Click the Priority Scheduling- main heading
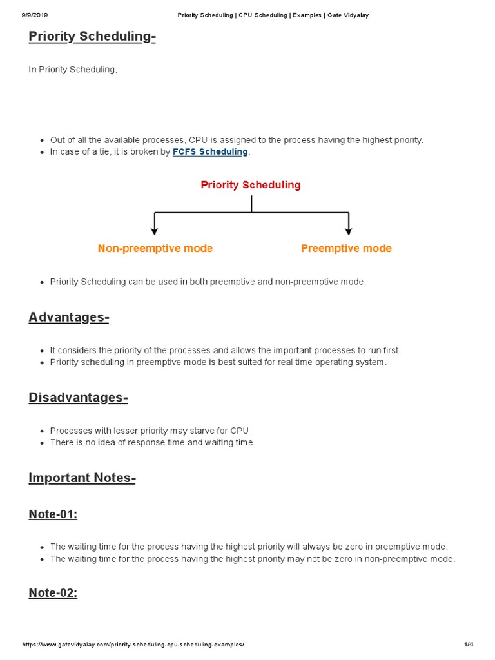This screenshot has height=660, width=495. (x=92, y=37)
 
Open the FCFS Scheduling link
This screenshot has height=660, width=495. (x=210, y=152)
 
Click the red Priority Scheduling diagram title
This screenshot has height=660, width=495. (x=251, y=185)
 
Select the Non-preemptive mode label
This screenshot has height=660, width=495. (x=155, y=249)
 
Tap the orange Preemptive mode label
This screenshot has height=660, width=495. (x=346, y=249)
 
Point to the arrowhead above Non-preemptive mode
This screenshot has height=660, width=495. (x=154, y=230)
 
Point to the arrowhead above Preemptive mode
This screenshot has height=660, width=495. (x=348, y=230)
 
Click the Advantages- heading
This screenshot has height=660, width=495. (x=69, y=318)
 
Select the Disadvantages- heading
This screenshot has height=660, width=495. (x=78, y=398)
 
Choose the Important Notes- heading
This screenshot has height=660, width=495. (x=82, y=478)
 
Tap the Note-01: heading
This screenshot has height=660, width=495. (x=53, y=514)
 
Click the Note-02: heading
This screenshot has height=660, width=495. (x=53, y=594)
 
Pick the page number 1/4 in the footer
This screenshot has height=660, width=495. (x=469, y=645)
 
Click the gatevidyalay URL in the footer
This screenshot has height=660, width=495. (x=133, y=645)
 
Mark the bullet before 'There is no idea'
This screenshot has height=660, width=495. (x=42, y=443)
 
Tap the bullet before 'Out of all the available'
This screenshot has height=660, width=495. (x=42, y=141)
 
